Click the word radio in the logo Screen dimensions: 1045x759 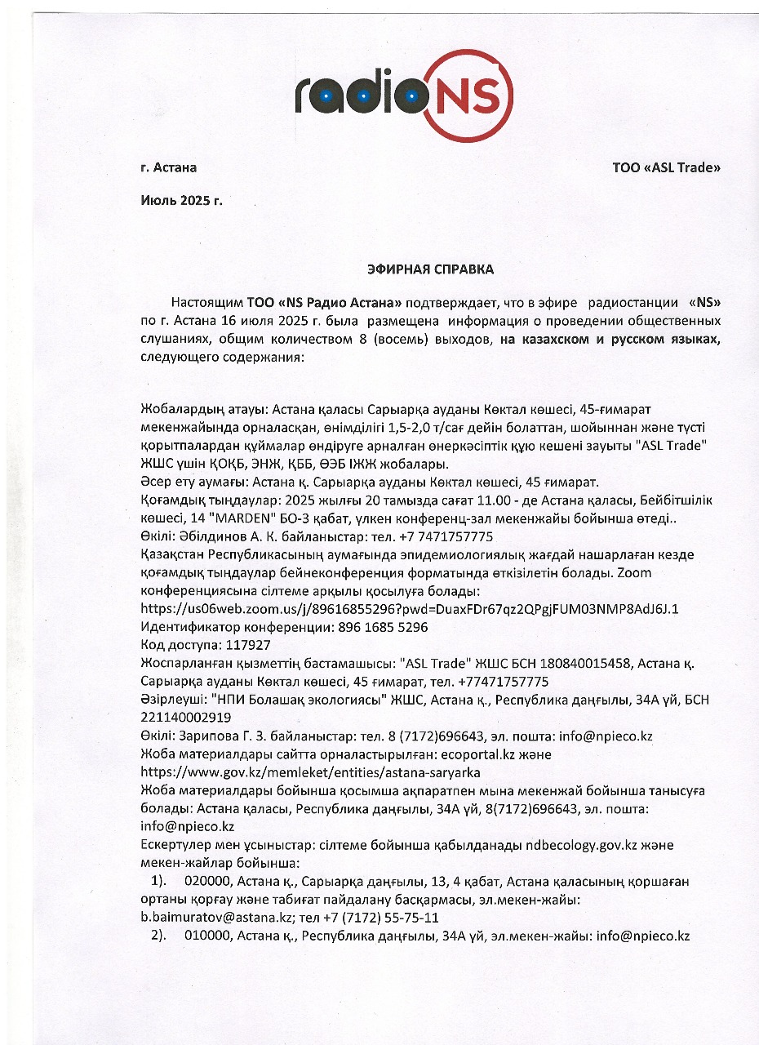pos(360,96)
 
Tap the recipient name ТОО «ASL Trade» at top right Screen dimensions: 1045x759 pos(667,168)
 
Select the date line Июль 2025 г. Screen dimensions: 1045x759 pos(181,199)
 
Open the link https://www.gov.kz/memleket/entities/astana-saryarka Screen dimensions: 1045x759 pos(310,772)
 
